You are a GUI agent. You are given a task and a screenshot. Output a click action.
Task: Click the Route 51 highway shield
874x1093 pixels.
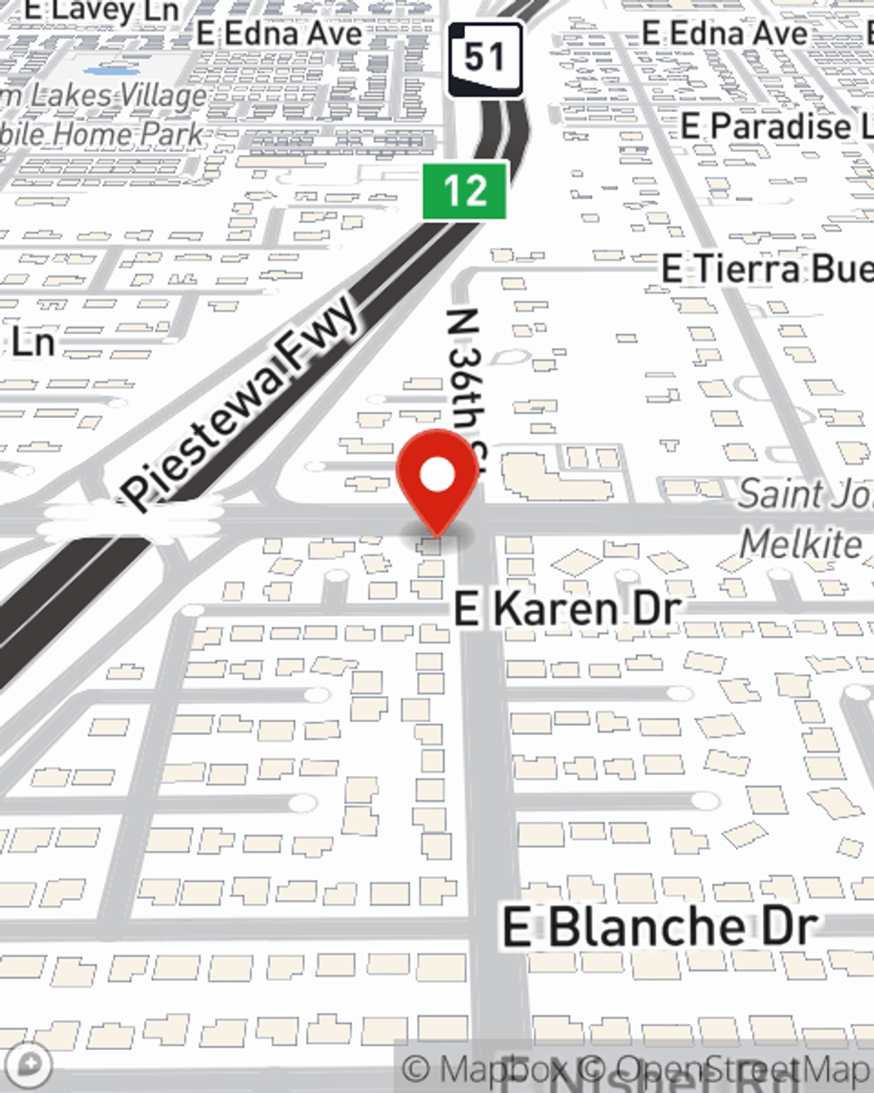pyautogui.click(x=485, y=59)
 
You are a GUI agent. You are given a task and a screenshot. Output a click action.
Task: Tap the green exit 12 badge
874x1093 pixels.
pyautogui.click(x=465, y=190)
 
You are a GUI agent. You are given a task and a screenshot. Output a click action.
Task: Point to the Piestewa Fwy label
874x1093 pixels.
pyautogui.click(x=241, y=402)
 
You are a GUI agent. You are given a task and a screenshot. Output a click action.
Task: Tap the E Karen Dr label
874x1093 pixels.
pyautogui.click(x=566, y=609)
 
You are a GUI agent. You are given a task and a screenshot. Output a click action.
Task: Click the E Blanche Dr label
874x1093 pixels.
pyautogui.click(x=660, y=927)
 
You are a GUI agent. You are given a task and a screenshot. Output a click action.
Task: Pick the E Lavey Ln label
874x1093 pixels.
pyautogui.click(x=101, y=10)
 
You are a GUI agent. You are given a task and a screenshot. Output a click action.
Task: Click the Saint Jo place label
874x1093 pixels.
pyautogui.click(x=804, y=495)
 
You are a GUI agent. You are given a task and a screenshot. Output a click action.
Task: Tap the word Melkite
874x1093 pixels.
pyautogui.click(x=801, y=544)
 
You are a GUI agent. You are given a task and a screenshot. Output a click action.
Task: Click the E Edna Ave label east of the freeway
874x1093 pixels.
pyautogui.click(x=725, y=33)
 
